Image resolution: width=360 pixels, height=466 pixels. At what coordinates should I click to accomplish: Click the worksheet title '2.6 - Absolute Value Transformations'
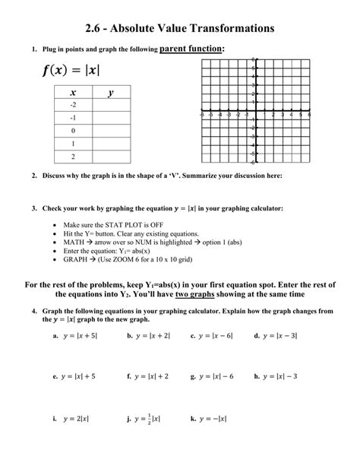pyautogui.click(x=179, y=29)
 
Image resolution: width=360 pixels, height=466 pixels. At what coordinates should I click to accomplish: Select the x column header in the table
pyautogui.click(x=73, y=94)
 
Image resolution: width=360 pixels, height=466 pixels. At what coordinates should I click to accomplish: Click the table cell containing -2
pyautogui.click(x=73, y=105)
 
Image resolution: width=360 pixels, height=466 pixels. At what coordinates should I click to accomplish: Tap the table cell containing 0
pyautogui.click(x=73, y=130)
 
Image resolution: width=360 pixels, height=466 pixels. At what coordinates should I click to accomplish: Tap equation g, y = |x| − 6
pyautogui.click(x=214, y=376)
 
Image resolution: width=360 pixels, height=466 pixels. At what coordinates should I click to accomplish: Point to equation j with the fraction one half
pyautogui.click(x=144, y=418)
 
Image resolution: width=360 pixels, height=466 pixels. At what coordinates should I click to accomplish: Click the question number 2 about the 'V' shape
pyautogui.click(x=35, y=176)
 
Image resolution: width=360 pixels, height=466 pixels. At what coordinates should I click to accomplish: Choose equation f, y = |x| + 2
pyautogui.click(x=150, y=376)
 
